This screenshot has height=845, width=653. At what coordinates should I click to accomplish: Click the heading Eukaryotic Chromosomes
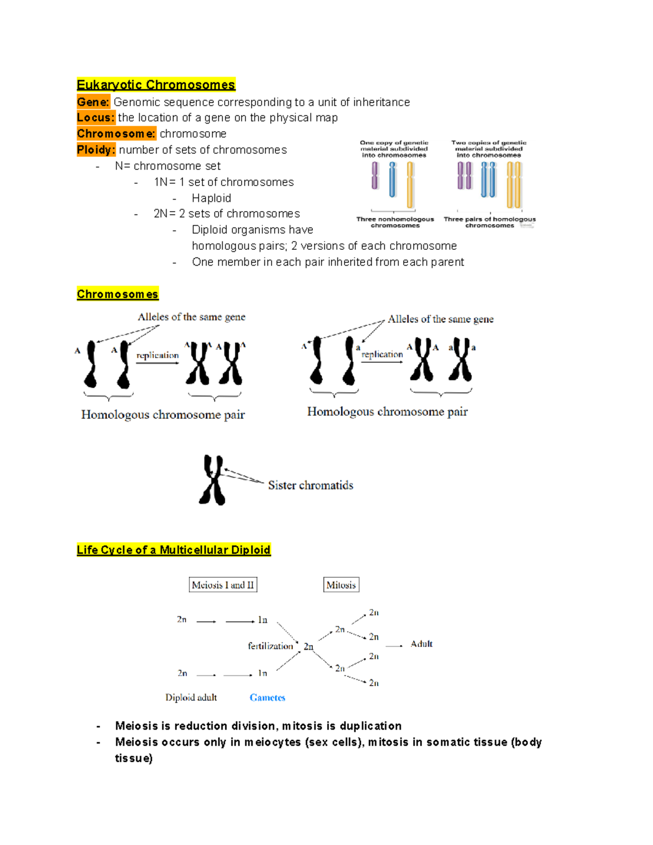click(156, 85)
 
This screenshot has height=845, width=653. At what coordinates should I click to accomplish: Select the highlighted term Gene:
click(93, 102)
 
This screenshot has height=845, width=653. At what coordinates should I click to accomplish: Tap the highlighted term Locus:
click(96, 118)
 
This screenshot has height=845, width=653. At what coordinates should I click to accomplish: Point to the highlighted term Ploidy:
click(96, 150)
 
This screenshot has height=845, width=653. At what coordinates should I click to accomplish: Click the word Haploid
click(211, 198)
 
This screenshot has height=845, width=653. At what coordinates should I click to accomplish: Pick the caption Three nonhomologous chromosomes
click(395, 222)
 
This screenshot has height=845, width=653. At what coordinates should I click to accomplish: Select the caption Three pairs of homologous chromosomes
click(489, 222)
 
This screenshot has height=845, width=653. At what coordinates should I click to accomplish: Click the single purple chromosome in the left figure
click(375, 176)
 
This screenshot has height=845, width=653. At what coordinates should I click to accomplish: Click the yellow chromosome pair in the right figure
click(514, 185)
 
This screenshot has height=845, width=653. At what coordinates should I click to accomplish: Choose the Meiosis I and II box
click(223, 585)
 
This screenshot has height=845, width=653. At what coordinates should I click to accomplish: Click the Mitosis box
click(341, 585)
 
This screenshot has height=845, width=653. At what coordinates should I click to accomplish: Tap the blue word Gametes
click(267, 698)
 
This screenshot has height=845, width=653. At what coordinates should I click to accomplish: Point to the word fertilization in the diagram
click(270, 646)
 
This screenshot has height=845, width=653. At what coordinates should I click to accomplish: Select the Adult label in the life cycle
click(421, 644)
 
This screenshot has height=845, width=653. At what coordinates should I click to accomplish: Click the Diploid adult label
click(191, 698)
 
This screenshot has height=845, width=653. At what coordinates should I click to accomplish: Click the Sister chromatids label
click(310, 485)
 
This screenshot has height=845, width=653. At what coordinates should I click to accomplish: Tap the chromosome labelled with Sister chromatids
click(213, 480)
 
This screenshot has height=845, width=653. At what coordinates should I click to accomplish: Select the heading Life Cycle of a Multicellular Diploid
click(174, 550)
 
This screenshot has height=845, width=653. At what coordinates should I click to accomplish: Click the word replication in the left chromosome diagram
click(157, 355)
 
